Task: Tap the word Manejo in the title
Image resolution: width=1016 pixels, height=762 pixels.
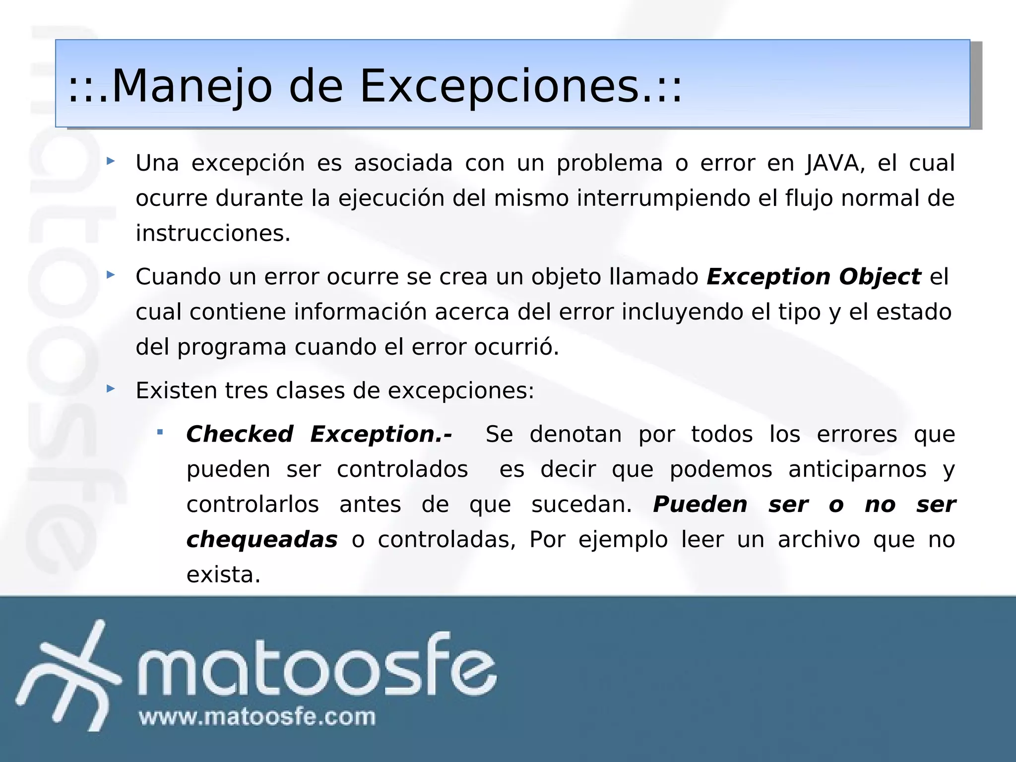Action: click(191, 86)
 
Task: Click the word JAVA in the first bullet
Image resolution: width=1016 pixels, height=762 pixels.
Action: click(835, 163)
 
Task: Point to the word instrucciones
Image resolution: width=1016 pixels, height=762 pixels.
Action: click(212, 234)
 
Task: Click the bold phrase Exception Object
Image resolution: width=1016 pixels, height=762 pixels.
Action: click(814, 277)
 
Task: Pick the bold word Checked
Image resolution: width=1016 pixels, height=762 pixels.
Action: click(240, 435)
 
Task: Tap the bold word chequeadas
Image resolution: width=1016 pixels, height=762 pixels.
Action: click(262, 540)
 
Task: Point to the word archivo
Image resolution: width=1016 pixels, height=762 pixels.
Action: click(819, 540)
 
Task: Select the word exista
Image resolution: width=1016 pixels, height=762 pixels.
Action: click(223, 575)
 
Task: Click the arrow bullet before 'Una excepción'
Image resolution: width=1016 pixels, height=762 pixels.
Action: click(111, 161)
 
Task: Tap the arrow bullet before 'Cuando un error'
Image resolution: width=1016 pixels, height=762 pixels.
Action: click(111, 274)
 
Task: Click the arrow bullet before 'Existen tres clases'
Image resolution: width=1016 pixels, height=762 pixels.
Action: click(111, 388)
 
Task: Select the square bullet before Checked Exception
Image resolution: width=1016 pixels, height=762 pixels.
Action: click(160, 432)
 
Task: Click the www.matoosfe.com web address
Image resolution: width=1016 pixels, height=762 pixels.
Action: click(257, 717)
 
